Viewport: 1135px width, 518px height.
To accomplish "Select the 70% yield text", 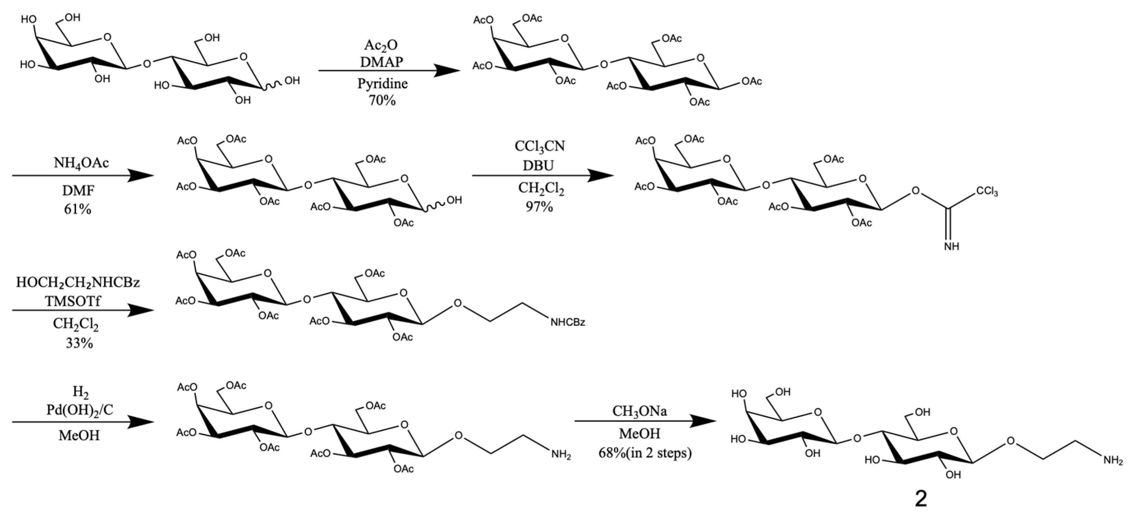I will [x=382, y=101].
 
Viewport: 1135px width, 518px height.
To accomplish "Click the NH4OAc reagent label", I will [x=81, y=163].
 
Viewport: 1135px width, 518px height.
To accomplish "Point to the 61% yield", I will [x=78, y=209].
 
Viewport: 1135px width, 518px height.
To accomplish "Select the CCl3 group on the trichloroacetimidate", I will [x=986, y=192].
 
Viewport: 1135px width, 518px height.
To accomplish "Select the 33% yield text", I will [x=79, y=343].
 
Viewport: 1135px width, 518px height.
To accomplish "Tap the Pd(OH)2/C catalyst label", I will [x=80, y=410].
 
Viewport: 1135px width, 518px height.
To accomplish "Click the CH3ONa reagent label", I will [x=639, y=411].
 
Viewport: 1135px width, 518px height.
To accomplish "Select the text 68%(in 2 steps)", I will [x=645, y=453].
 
